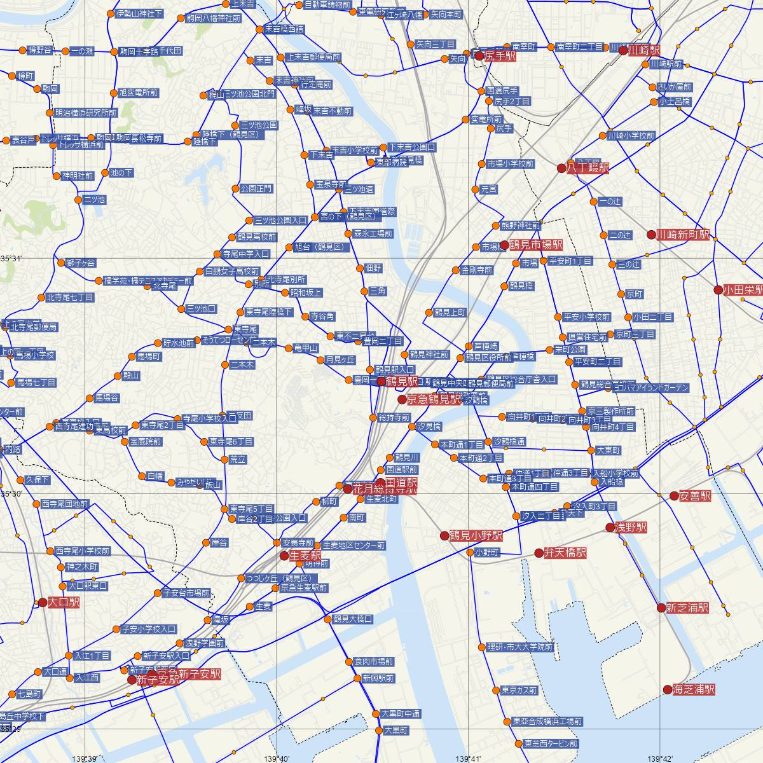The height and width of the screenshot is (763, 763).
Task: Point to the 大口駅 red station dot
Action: [43, 602]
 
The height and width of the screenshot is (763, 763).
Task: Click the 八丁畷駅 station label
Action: [588, 168]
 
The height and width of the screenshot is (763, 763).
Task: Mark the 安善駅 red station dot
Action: [674, 496]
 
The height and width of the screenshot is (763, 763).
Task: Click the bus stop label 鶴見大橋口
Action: [352, 619]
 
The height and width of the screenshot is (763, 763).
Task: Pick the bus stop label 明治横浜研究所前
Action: [86, 113]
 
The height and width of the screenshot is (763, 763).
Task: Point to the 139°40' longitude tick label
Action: [278, 758]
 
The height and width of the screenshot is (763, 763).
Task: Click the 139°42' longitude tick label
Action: [660, 758]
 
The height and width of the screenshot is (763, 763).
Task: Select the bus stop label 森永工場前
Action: [373, 234]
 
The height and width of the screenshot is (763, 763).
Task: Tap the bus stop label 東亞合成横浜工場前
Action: [547, 722]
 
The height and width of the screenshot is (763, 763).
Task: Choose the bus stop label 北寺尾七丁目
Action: [70, 297]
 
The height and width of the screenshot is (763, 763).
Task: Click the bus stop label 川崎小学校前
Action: [631, 135]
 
